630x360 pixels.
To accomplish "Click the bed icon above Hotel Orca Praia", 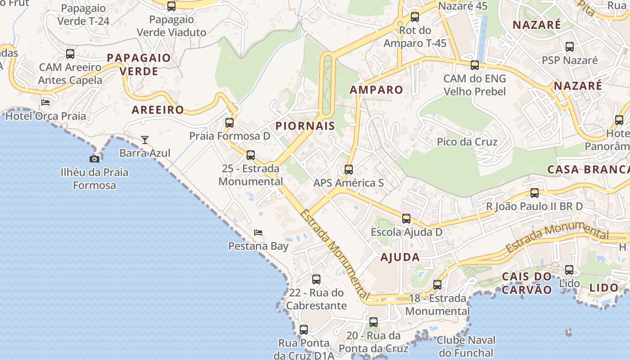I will (x=45, y=103).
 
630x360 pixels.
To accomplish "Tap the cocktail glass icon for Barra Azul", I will (x=144, y=140).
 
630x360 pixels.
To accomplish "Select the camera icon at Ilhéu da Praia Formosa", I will (x=94, y=159).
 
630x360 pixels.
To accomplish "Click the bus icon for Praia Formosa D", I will (x=229, y=122).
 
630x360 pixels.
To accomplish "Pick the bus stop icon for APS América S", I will (x=349, y=170).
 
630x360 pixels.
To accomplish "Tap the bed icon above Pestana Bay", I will (x=258, y=233).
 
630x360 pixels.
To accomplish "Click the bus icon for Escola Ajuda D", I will (x=406, y=219).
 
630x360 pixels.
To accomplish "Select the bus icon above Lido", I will (x=569, y=270).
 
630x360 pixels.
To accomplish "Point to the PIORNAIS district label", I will (x=306, y=126).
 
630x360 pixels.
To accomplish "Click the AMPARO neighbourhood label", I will (x=376, y=90).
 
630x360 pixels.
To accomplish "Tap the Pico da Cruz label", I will (x=467, y=142).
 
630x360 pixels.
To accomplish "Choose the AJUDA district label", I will (x=400, y=257).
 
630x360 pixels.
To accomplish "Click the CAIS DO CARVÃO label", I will (x=526, y=283).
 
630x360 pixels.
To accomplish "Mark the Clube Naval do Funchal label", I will (x=466, y=346).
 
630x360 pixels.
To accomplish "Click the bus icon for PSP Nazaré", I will (x=570, y=47).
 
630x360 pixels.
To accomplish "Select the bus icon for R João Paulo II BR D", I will (x=535, y=193).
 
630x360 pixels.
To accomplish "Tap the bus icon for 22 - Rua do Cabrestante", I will (x=316, y=279).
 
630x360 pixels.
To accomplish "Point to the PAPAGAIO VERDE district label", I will (x=139, y=64).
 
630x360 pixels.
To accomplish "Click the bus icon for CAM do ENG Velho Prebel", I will (x=475, y=65).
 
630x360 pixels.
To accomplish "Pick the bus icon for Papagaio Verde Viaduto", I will (x=171, y=6).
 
